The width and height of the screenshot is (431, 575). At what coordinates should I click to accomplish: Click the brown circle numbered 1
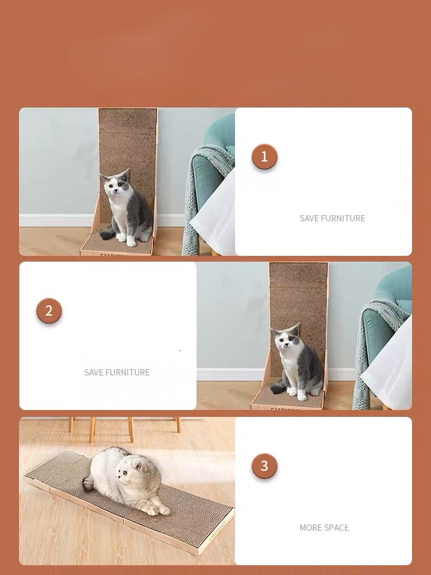pyautogui.click(x=264, y=156)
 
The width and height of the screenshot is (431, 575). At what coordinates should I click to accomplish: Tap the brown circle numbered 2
pyautogui.click(x=49, y=310)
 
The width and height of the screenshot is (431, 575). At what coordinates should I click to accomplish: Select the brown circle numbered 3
pyautogui.click(x=264, y=466)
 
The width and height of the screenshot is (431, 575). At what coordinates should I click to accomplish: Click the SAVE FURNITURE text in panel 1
pyautogui.click(x=332, y=218)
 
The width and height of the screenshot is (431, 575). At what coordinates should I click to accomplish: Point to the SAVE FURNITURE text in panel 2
pyautogui.click(x=117, y=372)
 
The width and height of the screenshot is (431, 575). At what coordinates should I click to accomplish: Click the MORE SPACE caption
pyautogui.click(x=324, y=528)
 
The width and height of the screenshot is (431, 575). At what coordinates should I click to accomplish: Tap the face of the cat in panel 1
pyautogui.click(x=115, y=186)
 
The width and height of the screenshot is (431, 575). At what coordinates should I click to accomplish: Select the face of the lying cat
pyautogui.click(x=128, y=473)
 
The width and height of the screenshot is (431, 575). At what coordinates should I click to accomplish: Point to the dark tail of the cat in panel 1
pyautogui.click(x=107, y=234)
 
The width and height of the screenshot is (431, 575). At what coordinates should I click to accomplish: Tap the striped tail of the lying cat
pyautogui.click(x=88, y=484)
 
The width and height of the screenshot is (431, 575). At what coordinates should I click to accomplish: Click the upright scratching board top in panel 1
pyautogui.click(x=128, y=121)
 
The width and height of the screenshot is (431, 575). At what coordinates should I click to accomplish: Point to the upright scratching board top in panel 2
pyautogui.click(x=299, y=275)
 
